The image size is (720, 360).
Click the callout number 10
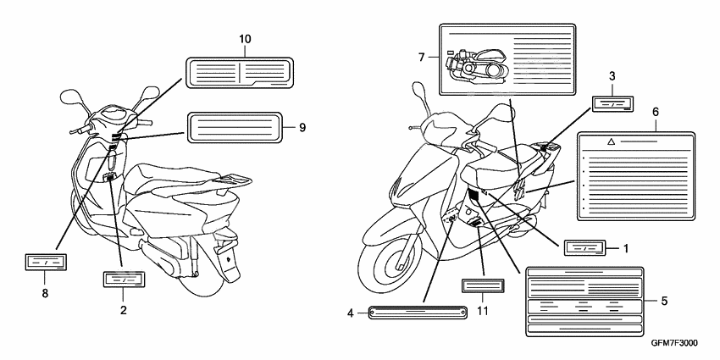pos(245,40)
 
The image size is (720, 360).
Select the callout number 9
pos(301,127)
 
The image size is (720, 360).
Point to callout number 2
pos(124,311)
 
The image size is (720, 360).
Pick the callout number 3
pos(612,76)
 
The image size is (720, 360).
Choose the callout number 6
pos(655,111)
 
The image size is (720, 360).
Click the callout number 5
pos(664,300)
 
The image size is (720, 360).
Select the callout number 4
pos(350,313)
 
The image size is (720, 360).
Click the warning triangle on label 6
pos(610,143)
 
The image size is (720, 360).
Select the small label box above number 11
pos(483,285)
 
